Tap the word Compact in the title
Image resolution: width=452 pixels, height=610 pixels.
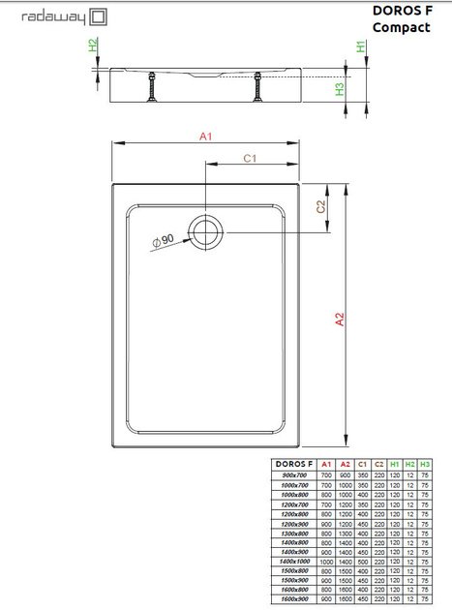click(x=402, y=28)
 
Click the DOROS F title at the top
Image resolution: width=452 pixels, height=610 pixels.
click(x=401, y=12)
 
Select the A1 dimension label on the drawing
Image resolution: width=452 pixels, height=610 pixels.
click(x=206, y=137)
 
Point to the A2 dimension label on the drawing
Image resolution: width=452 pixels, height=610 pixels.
click(x=340, y=320)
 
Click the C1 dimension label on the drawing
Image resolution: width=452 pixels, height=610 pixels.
click(x=249, y=158)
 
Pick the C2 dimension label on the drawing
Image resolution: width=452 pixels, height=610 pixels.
click(x=322, y=206)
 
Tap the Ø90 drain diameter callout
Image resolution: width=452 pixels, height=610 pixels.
click(x=162, y=240)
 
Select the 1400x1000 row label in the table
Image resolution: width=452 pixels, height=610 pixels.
click(x=293, y=562)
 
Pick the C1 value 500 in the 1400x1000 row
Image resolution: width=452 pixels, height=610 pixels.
click(x=362, y=562)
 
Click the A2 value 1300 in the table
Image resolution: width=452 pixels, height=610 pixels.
click(x=345, y=534)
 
